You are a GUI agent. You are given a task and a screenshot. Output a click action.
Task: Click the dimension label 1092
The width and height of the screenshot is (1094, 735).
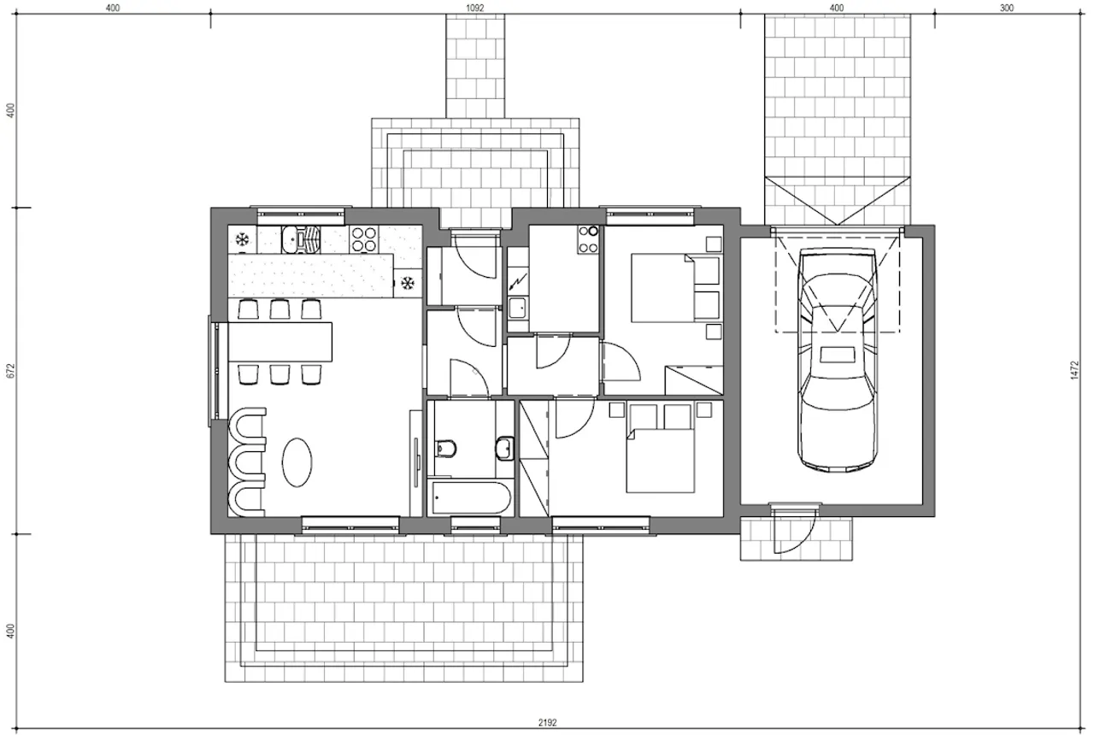[475, 8]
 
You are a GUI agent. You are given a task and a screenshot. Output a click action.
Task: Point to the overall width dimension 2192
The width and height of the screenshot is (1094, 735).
[548, 722]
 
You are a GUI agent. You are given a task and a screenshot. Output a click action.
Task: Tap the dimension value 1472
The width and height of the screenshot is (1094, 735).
[1074, 370]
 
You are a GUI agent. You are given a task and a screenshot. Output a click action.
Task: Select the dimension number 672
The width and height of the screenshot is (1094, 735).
[12, 370]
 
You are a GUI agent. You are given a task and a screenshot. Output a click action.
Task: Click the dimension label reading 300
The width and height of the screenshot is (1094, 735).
[1007, 8]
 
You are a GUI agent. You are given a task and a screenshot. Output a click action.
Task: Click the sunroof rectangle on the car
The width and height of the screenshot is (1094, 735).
[837, 354]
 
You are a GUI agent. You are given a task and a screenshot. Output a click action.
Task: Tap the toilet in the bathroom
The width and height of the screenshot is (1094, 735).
[445, 448]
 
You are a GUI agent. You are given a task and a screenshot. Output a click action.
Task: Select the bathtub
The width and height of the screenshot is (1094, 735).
[471, 498]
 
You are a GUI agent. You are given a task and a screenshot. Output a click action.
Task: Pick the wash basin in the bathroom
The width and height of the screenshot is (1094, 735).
[504, 448]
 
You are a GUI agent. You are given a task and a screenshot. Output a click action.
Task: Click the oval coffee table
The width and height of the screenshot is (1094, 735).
[297, 462]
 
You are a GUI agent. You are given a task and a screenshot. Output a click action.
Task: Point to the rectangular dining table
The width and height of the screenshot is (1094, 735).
[279, 341]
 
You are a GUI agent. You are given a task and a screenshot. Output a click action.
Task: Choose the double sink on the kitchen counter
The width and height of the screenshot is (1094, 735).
[300, 238]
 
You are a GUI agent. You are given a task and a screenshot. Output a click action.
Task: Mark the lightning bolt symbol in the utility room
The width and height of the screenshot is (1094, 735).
[518, 282]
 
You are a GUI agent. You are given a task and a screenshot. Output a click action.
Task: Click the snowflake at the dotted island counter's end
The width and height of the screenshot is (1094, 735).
[407, 283]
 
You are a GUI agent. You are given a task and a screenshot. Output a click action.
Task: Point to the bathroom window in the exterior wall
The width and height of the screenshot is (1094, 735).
[475, 525]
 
